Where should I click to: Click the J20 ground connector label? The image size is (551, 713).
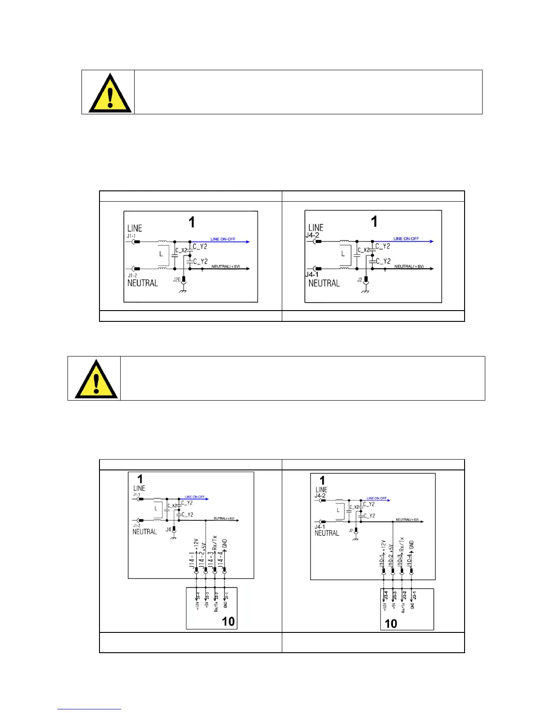176,280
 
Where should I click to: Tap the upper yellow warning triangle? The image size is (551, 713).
110,94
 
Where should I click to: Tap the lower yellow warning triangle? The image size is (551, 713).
96,379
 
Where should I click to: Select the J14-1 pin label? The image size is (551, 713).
192,560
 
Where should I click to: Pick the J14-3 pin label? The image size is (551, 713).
211,560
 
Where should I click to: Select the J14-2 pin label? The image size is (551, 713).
202,560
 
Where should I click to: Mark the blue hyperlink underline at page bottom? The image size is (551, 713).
89,709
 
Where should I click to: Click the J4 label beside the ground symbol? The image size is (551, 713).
168,529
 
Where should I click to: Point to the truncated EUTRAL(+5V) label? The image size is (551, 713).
224,519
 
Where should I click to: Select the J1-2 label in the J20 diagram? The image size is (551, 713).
133,275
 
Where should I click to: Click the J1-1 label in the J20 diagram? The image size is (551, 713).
132,235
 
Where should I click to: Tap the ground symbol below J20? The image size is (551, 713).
183,292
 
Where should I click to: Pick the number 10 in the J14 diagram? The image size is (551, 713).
228,621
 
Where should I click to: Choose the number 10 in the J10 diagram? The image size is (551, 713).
391,623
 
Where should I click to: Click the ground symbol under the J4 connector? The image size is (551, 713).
174,538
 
